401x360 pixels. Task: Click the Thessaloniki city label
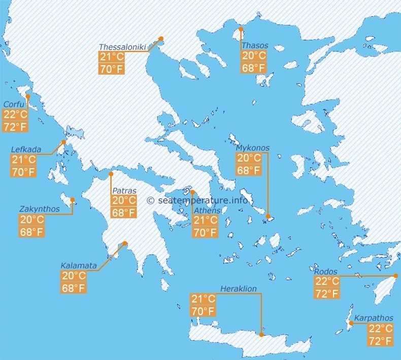point(122,47)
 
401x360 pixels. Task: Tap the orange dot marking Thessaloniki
point(161,39)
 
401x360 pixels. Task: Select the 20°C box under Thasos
point(254,56)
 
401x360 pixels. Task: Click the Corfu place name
point(14,104)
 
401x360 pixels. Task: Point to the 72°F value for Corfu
point(15,126)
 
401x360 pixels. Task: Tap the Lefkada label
point(26,150)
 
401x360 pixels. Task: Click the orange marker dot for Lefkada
point(64,142)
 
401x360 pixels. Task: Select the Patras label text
point(124,190)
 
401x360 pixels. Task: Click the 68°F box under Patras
point(124,213)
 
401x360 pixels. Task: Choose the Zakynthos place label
point(39,209)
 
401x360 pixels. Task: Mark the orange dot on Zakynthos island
point(73,200)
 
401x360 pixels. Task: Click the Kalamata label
point(79,265)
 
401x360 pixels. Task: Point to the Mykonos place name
point(253,148)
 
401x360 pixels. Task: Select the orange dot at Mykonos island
point(269,216)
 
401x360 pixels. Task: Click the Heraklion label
point(242,289)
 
